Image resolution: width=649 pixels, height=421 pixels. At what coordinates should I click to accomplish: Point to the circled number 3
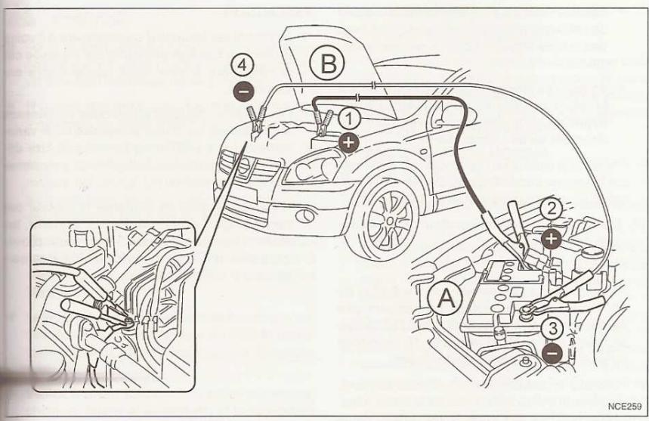pos(553,330)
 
